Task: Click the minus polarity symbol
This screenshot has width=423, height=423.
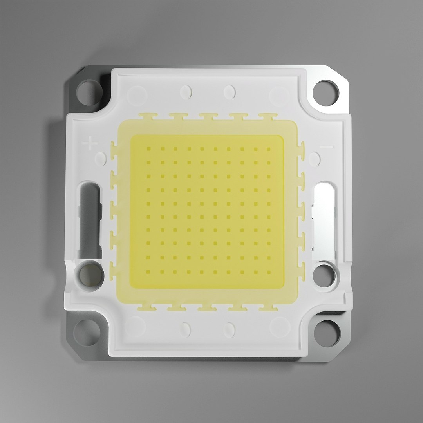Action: pyautogui.click(x=326, y=147)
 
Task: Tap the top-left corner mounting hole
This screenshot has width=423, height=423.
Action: pyautogui.click(x=89, y=92)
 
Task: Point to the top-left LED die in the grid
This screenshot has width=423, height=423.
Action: pyautogui.click(x=148, y=149)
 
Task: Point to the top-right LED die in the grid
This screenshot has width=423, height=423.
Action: pyautogui.click(x=269, y=149)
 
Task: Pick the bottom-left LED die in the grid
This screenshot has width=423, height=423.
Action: pyautogui.click(x=148, y=271)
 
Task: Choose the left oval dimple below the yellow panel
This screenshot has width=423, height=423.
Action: pyautogui.click(x=186, y=330)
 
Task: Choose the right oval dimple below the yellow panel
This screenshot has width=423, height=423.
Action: pyautogui.click(x=229, y=330)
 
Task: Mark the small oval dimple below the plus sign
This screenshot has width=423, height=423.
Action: pyautogui.click(x=101, y=158)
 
